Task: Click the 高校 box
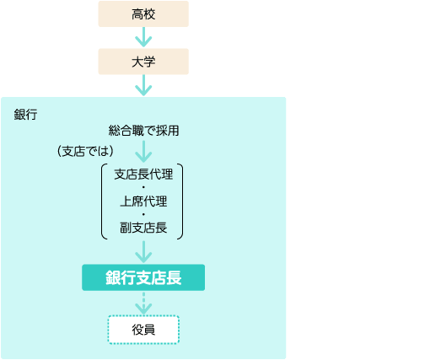(143, 14)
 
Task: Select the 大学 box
(143, 62)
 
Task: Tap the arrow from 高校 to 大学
(143, 37)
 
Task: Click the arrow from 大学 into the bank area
(143, 85)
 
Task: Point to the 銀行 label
(25, 115)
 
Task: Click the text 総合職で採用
(143, 131)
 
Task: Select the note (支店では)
(85, 151)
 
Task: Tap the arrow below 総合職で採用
(143, 152)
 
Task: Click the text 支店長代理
(143, 175)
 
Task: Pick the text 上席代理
(143, 201)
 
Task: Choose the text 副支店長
(143, 228)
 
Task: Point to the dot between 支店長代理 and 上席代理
(143, 187)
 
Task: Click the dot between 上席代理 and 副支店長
(143, 214)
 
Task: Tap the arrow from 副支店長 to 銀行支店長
(143, 252)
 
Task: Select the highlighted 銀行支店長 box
(143, 277)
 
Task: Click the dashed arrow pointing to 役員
(143, 304)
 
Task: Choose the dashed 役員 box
(143, 330)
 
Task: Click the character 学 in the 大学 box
(149, 62)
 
